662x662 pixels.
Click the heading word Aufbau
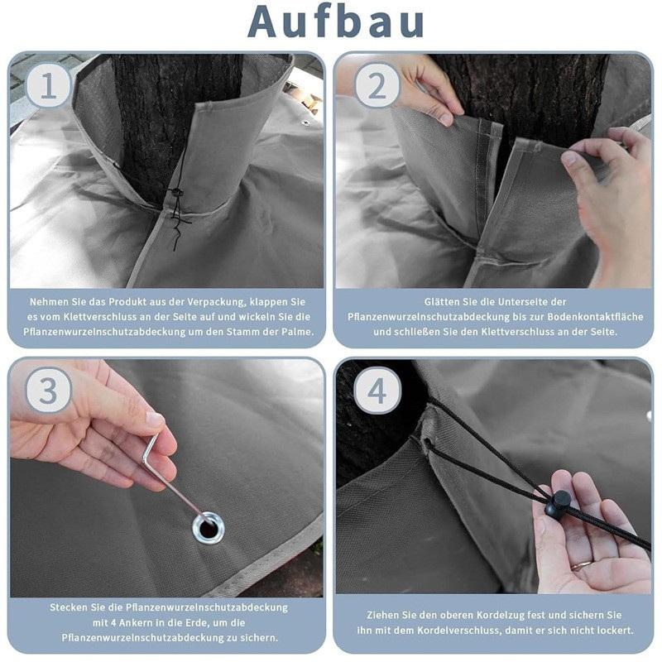click(x=336, y=22)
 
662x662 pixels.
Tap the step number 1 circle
click(x=48, y=86)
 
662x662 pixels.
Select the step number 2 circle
click(x=377, y=86)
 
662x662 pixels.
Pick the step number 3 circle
click(x=48, y=391)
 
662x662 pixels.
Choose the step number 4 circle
click(x=377, y=391)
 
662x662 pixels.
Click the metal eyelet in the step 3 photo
click(x=209, y=528)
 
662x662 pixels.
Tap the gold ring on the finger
click(x=582, y=564)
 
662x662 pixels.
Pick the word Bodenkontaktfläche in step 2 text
click(x=596, y=317)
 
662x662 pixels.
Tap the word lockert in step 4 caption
click(x=616, y=631)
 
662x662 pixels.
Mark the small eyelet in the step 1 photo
click(x=305, y=123)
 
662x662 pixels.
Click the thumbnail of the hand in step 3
click(x=155, y=420)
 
